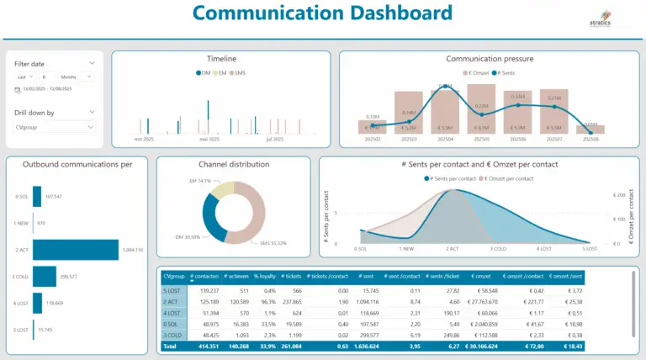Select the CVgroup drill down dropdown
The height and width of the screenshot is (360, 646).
[x=55, y=127]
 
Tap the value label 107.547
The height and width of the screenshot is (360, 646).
[x=54, y=197]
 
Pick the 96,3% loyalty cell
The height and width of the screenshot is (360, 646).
[x=269, y=300]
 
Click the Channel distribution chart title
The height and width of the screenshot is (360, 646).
[x=233, y=164]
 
